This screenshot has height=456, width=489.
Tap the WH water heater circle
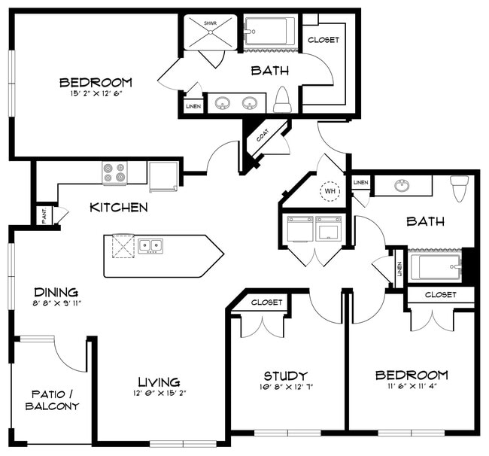pyautogui.click(x=330, y=192)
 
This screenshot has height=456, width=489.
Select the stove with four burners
pyautogui.click(x=114, y=174)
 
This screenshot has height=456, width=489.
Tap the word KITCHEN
pyautogui.click(x=118, y=207)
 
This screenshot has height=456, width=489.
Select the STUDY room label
pyautogui.click(x=285, y=375)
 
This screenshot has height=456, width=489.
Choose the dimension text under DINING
pyautogui.click(x=56, y=304)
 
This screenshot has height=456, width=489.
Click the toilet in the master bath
pyautogui.click(x=283, y=99)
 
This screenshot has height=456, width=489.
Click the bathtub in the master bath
pyautogui.click(x=269, y=32)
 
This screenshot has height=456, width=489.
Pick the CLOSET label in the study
pyautogui.click(x=266, y=302)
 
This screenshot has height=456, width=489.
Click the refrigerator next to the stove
pyautogui.click(x=162, y=177)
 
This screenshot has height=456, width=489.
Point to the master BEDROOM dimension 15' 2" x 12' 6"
pyautogui.click(x=96, y=93)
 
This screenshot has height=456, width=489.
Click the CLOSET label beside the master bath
pyautogui.click(x=323, y=40)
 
